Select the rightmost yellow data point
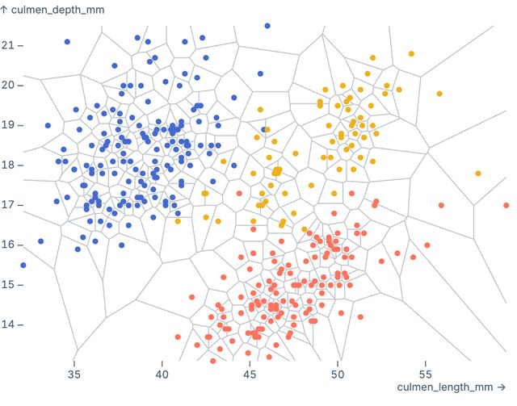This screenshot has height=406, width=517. (478, 173)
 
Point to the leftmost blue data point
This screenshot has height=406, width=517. (23, 265)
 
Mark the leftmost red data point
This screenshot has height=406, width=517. (178, 337)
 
